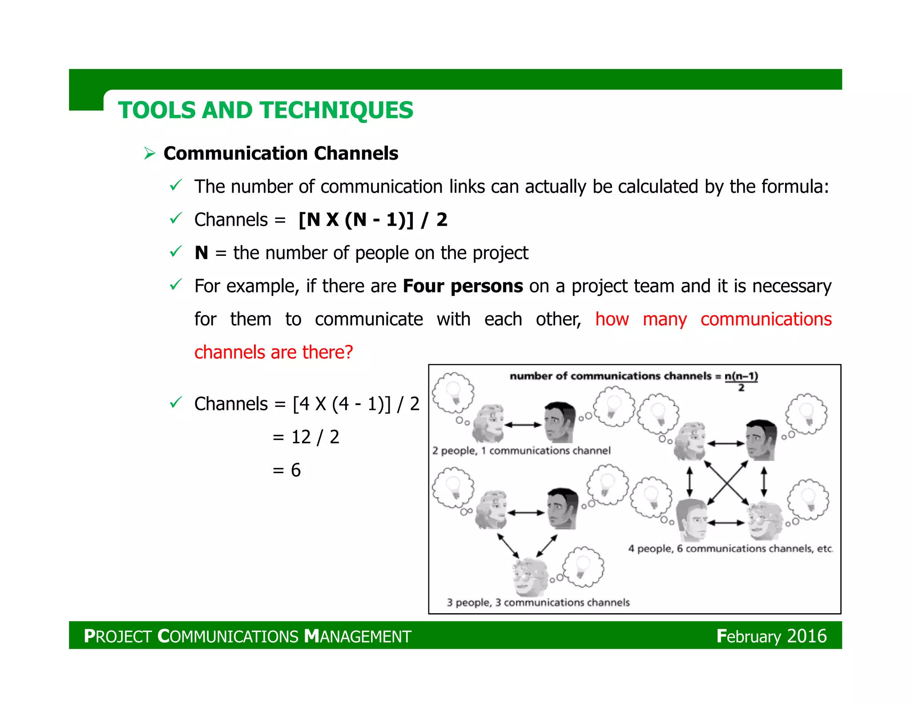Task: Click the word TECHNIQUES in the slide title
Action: coord(336,110)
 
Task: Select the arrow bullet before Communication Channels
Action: coord(149,154)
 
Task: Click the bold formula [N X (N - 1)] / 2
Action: coord(373,220)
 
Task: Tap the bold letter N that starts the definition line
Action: coord(201,253)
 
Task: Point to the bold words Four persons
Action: coord(463,286)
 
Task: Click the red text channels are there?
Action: coord(274,352)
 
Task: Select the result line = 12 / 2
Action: coord(306,437)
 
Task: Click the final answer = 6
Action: coord(287,470)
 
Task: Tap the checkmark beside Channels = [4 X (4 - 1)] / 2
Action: coord(176,403)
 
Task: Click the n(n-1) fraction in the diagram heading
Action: coord(741,380)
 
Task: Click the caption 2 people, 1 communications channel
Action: coord(521,451)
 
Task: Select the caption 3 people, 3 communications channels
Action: coord(538,603)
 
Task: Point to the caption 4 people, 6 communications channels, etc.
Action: coord(730,549)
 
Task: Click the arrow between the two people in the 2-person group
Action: coord(523,425)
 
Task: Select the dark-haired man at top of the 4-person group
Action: coord(761,440)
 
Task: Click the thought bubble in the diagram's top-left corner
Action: coord(453,392)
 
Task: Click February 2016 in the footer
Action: coord(771,636)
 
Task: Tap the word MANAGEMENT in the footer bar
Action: coord(358,636)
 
